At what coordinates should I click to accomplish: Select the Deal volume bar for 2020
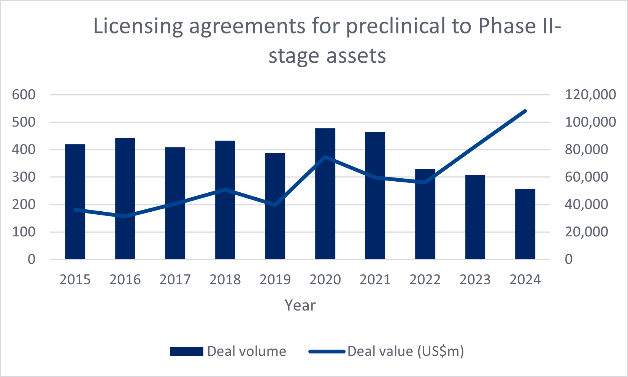pyautogui.click(x=325, y=194)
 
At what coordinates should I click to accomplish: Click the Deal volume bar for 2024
pyautogui.click(x=525, y=224)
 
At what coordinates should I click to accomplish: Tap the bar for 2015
pyautogui.click(x=75, y=201)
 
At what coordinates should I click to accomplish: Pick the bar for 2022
pyautogui.click(x=425, y=214)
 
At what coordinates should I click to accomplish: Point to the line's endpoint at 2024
pyautogui.click(x=525, y=111)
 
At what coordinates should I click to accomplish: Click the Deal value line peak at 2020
pyautogui.click(x=325, y=157)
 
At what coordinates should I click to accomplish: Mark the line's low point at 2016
pyautogui.click(x=125, y=216)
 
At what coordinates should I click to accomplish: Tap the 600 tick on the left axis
pyautogui.click(x=24, y=95)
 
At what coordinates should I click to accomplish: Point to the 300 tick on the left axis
pyautogui.click(x=24, y=177)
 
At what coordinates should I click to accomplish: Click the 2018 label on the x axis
pyautogui.click(x=225, y=280)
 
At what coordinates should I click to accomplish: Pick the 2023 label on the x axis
pyautogui.click(x=475, y=280)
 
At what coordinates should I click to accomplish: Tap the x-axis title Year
pyautogui.click(x=300, y=305)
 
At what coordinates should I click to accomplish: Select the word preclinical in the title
pyautogui.click(x=395, y=27)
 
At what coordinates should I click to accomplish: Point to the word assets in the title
pyautogui.click(x=356, y=56)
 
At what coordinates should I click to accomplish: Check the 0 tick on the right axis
pyautogui.click(x=568, y=259)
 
